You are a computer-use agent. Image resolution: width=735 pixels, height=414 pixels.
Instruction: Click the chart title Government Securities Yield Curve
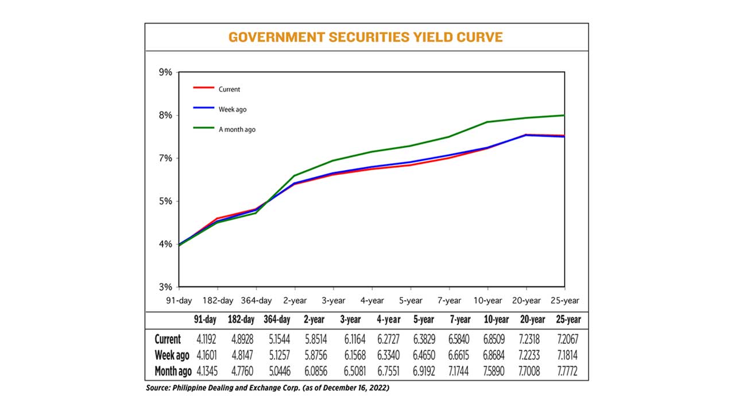point(366,37)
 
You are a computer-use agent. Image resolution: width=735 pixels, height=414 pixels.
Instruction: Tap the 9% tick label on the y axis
point(165,72)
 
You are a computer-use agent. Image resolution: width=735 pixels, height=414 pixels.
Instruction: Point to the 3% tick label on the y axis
point(165,287)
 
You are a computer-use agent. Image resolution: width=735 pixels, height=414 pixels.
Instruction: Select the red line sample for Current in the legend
point(203,88)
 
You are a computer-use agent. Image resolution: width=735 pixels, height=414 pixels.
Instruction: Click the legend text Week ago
point(232,109)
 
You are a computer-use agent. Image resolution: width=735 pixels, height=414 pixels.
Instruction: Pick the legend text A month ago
point(237,130)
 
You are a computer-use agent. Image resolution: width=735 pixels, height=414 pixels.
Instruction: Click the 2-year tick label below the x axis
point(295,300)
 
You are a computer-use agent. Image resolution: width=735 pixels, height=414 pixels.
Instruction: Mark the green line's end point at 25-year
point(564,116)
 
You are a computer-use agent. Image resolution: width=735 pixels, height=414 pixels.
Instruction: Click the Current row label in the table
point(168,339)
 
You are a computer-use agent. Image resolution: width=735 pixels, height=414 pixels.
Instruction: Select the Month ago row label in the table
point(173,371)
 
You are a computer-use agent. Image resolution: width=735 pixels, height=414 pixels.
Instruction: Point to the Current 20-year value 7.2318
point(532,339)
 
